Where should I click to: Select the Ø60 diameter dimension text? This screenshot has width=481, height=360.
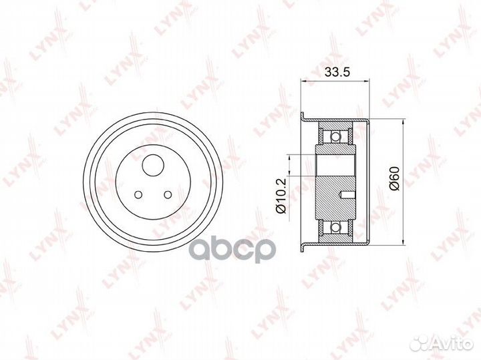click(x=395, y=178)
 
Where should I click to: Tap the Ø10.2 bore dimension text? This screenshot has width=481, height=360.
click(x=281, y=196)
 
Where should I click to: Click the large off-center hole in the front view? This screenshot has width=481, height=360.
click(x=153, y=165)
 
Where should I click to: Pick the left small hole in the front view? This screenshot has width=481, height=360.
click(x=139, y=194)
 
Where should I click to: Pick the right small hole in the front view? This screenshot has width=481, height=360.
click(x=168, y=194)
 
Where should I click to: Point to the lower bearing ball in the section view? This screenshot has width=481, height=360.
click(x=336, y=227)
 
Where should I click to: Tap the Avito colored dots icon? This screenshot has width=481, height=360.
click(x=420, y=343)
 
